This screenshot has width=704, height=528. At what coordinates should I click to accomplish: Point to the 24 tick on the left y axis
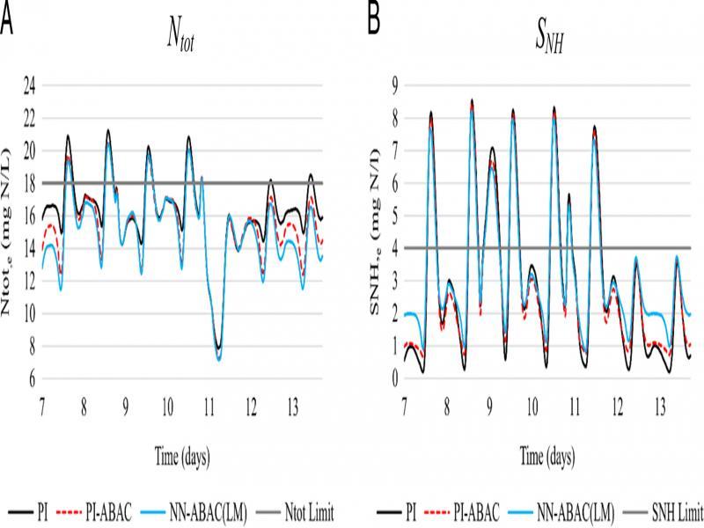pos(28,86)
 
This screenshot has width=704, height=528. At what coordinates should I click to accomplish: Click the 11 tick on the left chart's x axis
pos(209,411)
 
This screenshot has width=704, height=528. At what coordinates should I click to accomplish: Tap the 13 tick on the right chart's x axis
pos(659,411)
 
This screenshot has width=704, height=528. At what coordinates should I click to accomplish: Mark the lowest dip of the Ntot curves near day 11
pos(218,357)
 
